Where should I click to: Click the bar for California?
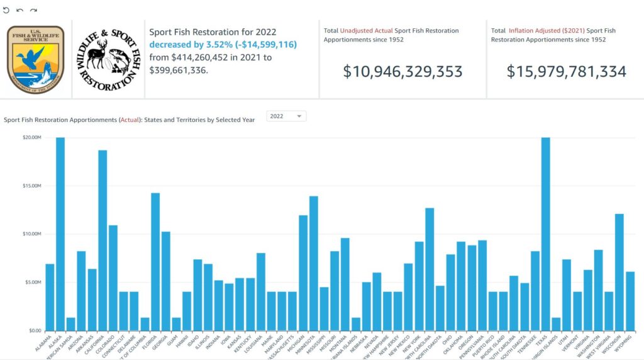click(103, 240)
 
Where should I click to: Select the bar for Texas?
click(545, 233)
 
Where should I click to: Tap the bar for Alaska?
click(60, 233)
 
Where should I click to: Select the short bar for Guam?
click(176, 324)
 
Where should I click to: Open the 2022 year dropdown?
click(286, 116)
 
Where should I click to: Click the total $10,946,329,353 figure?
click(402, 71)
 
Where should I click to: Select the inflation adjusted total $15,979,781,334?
click(566, 71)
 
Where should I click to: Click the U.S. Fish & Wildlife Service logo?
click(35, 60)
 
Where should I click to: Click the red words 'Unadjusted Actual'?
click(367, 30)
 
